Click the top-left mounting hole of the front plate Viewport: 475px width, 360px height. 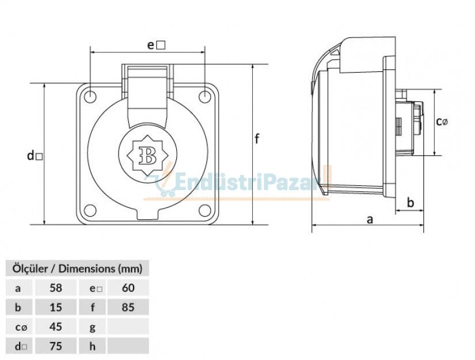[x=90, y=96]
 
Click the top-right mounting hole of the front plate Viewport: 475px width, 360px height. [x=205, y=96]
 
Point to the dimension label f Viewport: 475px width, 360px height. [x=257, y=138]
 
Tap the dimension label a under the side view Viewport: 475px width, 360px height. [x=370, y=219]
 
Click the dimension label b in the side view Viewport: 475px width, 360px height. [x=411, y=202]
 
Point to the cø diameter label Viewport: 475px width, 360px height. [x=442, y=121]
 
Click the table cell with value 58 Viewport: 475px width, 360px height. [x=56, y=287]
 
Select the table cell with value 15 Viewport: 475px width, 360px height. [x=56, y=307]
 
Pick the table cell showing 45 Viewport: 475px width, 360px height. [x=56, y=327]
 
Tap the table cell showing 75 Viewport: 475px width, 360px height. [x=56, y=346]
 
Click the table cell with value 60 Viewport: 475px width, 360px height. [x=128, y=287]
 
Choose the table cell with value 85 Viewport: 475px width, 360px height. [x=128, y=307]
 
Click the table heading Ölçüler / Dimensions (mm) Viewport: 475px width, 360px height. [x=77, y=268]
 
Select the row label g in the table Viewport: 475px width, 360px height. [x=93, y=327]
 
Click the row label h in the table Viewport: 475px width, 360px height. [x=93, y=346]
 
